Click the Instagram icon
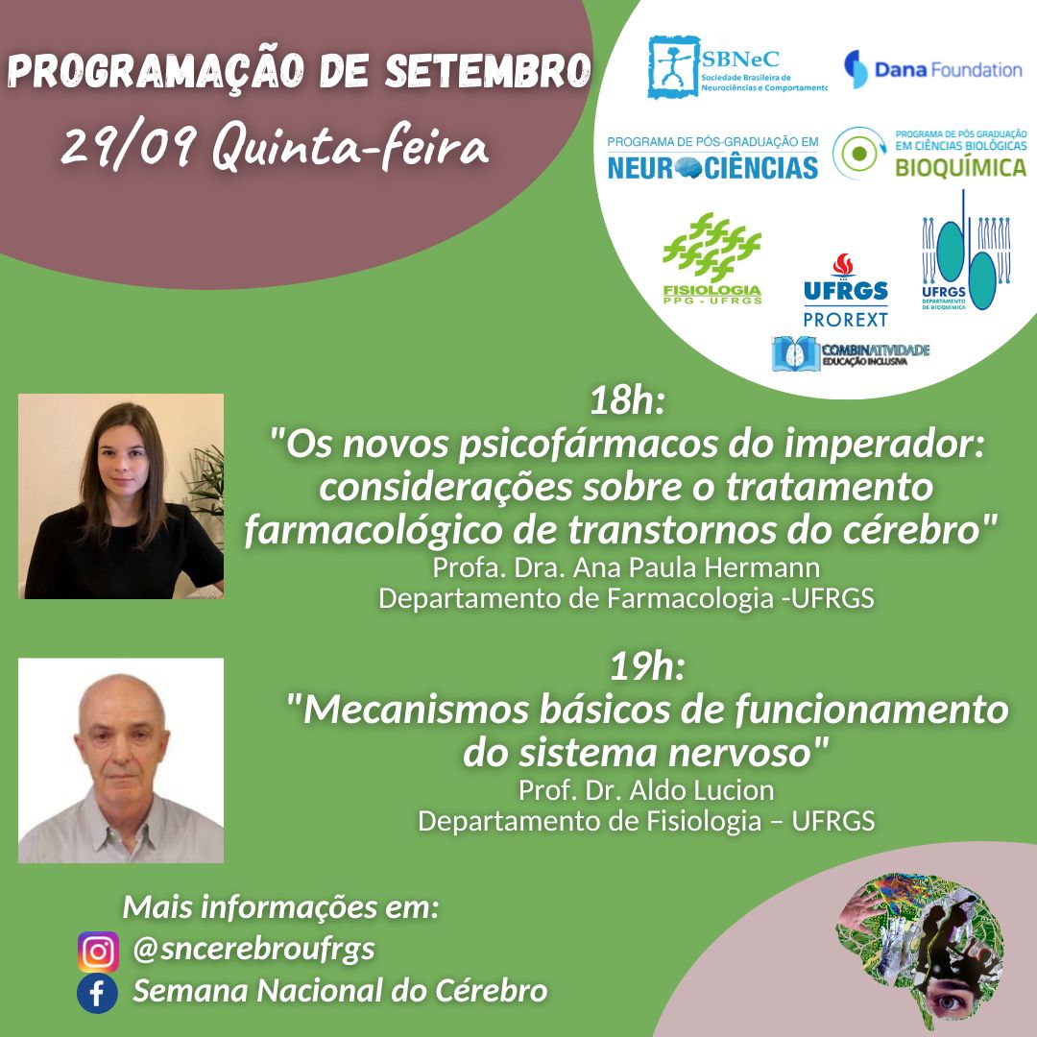click(x=98, y=951)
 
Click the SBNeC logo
click(x=736, y=67)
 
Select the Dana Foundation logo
click(x=932, y=69)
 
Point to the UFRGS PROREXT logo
click(x=845, y=290)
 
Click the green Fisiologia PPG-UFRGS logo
click(x=711, y=258)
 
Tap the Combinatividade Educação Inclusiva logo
click(x=851, y=353)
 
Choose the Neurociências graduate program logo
click(x=712, y=158)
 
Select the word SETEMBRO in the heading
click(x=488, y=71)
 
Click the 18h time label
click(x=626, y=400)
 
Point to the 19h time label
click(x=646, y=666)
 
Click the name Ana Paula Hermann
click(x=696, y=567)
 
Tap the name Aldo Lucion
click(x=702, y=790)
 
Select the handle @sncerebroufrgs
click(x=253, y=950)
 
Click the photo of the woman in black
click(x=121, y=496)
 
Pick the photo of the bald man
click(x=121, y=760)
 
